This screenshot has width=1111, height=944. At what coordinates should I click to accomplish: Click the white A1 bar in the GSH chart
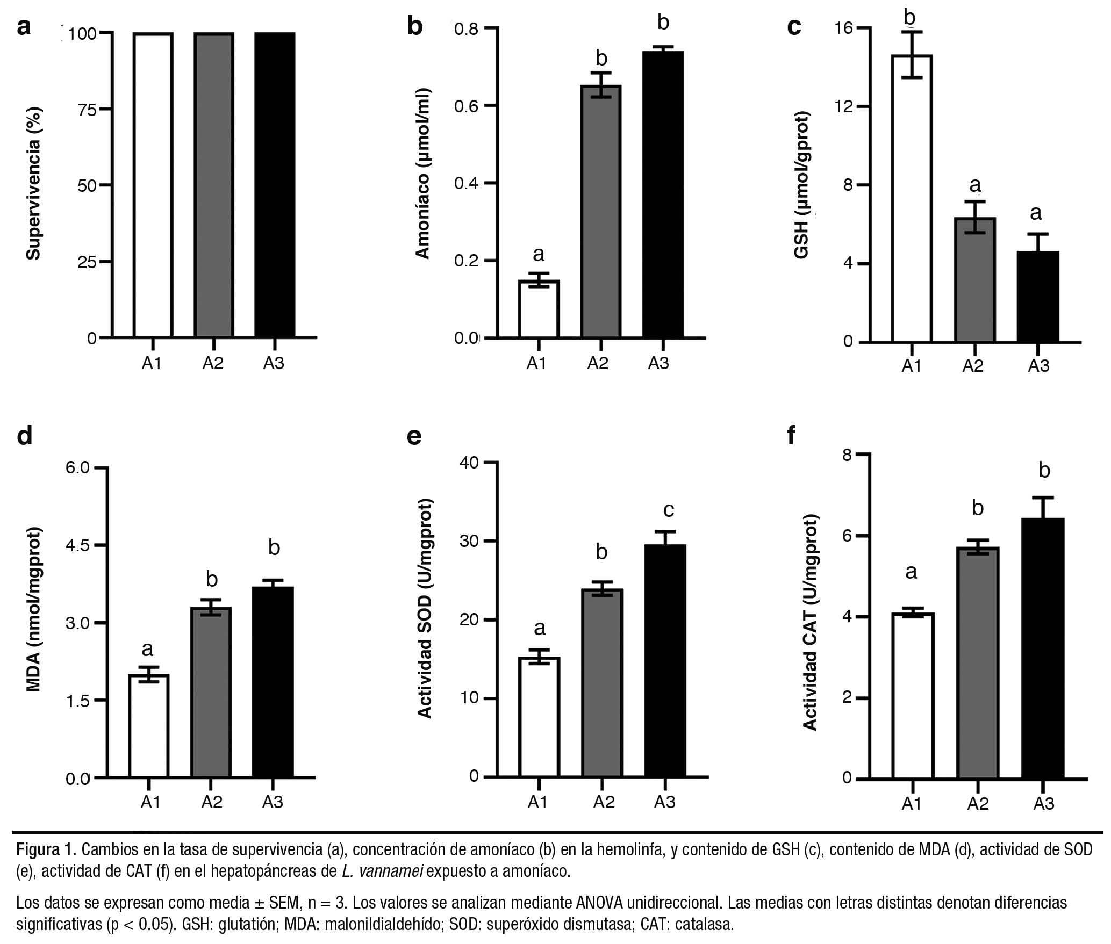point(912,199)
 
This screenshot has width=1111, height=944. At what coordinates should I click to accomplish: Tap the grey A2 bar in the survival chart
point(213,185)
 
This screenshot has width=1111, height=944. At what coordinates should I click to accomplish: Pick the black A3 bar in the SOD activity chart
point(665,660)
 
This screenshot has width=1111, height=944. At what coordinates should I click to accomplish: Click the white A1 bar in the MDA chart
point(149,725)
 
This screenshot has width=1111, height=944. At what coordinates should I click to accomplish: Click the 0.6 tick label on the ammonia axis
point(466,106)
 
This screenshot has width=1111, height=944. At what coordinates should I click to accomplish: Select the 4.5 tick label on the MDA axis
point(79,545)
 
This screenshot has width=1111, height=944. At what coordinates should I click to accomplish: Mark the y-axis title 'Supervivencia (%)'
point(34,184)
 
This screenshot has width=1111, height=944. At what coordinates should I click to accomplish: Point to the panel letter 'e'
point(414,436)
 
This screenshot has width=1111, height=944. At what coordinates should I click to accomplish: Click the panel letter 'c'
point(794,27)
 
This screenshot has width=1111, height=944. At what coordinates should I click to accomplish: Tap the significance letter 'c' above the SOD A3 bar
point(668,509)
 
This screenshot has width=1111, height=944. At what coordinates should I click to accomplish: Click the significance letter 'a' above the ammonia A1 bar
point(538,254)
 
